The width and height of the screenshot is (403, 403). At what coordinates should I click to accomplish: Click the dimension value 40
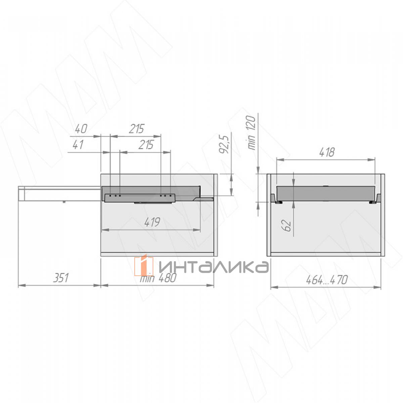pyautogui.click(x=81, y=129)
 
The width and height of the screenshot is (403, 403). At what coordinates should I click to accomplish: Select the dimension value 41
pyautogui.click(x=78, y=144)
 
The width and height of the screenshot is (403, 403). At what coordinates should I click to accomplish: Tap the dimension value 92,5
pyautogui.click(x=224, y=144)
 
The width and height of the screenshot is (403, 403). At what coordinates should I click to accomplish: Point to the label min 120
pyautogui.click(x=251, y=133)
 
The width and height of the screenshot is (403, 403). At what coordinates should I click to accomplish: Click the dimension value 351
pyautogui.click(x=61, y=278)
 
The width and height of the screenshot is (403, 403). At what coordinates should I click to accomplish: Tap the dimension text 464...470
pyautogui.click(x=327, y=280)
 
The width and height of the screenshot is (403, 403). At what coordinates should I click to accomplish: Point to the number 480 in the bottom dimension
pyautogui.click(x=168, y=278)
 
